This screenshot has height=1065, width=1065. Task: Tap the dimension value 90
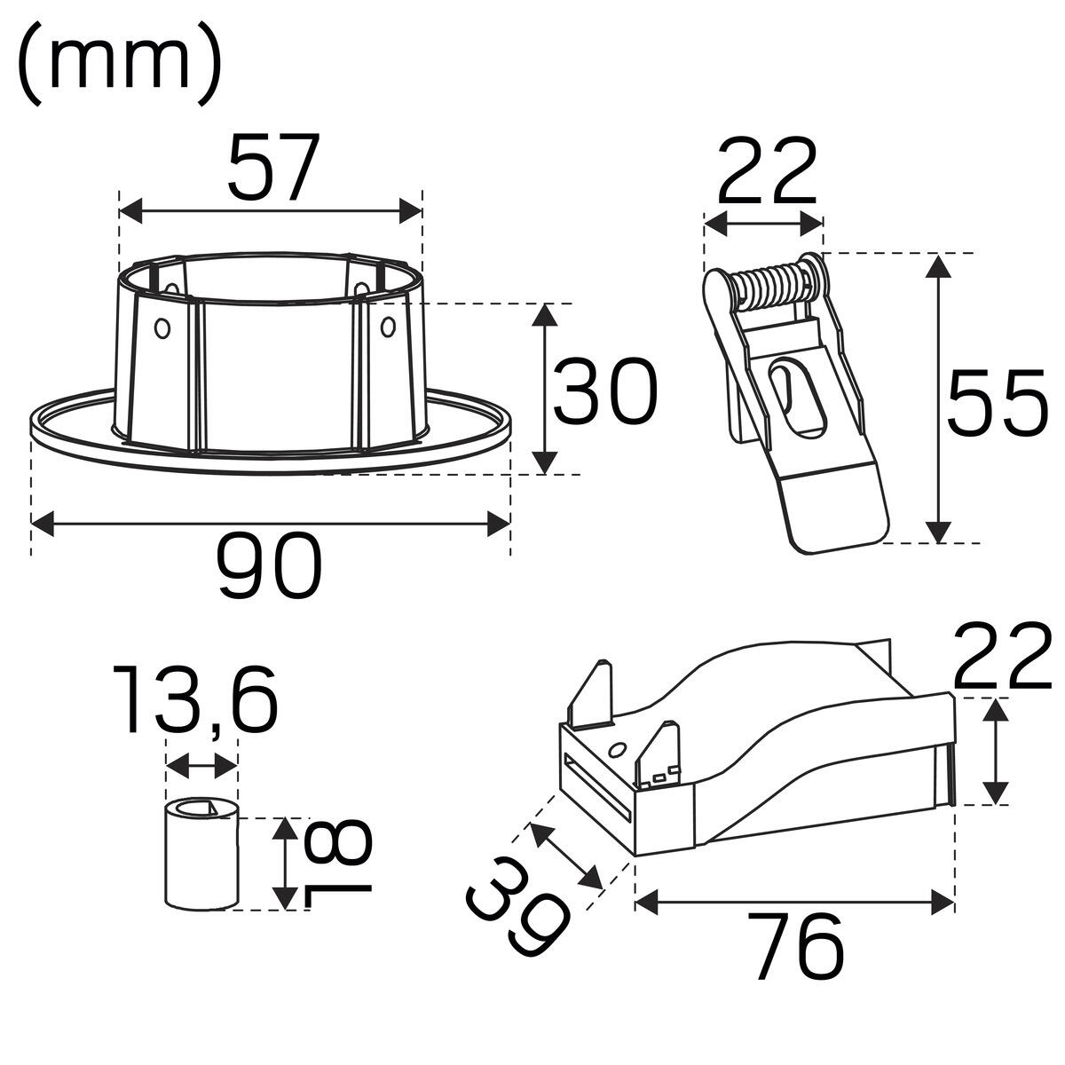(x=271, y=564)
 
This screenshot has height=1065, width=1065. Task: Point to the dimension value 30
(x=604, y=390)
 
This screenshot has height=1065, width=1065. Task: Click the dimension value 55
(x=997, y=400)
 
